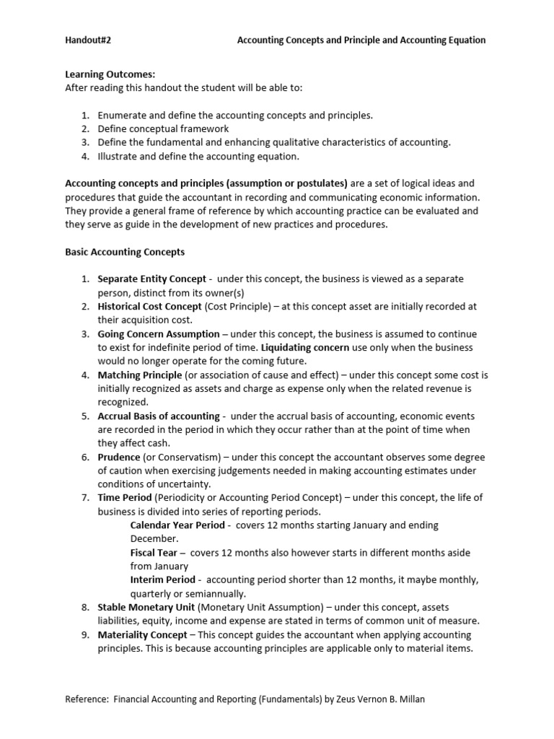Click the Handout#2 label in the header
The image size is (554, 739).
[88, 40]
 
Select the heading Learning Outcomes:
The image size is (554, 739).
[110, 74]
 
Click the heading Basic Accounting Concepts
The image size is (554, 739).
[125, 252]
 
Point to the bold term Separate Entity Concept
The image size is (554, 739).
[151, 279]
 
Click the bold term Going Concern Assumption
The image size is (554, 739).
[159, 333]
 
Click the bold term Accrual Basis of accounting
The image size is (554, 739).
[159, 416]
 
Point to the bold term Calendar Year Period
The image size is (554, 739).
[177, 525]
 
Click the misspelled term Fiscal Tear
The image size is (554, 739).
[154, 552]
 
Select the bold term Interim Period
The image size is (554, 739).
[162, 580]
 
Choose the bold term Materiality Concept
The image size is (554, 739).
[142, 634]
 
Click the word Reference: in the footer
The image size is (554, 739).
[87, 699]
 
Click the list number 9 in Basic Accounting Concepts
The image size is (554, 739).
[84, 634]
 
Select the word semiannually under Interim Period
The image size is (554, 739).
[215, 593]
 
